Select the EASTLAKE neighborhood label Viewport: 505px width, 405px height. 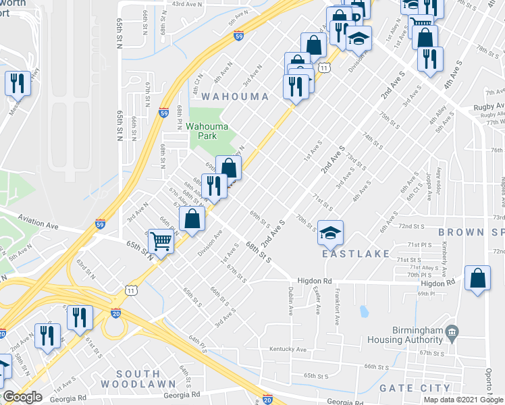[355, 254]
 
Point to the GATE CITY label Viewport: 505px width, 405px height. [415, 388]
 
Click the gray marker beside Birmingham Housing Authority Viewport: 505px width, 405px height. [452, 332]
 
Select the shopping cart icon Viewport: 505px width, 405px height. [161, 241]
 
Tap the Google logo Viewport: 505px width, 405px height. [22, 398]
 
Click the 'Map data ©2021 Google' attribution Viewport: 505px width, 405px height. [463, 400]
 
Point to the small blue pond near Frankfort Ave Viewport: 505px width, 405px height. [364, 312]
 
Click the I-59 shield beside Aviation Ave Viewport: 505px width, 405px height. [100, 224]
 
